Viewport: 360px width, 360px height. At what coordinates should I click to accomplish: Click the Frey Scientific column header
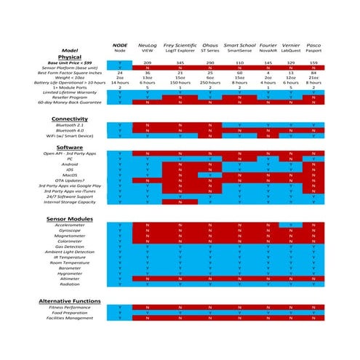click(180, 45)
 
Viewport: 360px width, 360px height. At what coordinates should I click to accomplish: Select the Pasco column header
click(313, 45)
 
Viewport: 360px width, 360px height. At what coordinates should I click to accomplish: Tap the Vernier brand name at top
click(290, 45)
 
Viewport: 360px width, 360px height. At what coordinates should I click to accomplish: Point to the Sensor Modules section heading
click(70, 218)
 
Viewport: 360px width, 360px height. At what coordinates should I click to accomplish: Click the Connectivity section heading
click(70, 119)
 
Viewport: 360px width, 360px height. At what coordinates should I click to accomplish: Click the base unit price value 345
click(180, 63)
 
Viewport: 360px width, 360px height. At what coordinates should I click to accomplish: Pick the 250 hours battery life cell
click(210, 82)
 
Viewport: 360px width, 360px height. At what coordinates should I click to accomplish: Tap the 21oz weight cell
click(313, 77)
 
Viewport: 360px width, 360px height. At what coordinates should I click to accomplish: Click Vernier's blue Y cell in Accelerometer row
click(290, 225)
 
